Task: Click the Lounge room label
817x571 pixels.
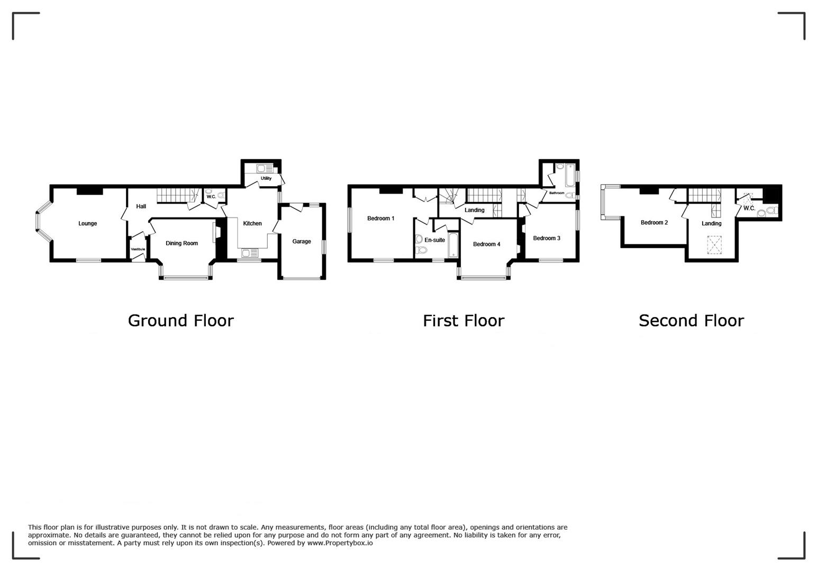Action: [87, 223]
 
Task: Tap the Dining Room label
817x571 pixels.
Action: [181, 243]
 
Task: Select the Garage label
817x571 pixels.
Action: [301, 241]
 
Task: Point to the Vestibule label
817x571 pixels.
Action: [138, 249]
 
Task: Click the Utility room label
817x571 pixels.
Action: [266, 178]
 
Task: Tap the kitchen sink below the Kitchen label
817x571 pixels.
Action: [249, 253]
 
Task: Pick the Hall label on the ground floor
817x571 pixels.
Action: [141, 206]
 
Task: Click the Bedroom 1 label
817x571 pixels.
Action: [381, 218]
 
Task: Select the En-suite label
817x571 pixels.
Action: [435, 240]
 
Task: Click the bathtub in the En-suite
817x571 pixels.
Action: [452, 244]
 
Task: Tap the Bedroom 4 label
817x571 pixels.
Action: [487, 244]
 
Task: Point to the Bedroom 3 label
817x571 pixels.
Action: [547, 238]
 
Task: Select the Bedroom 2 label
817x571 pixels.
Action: [655, 222]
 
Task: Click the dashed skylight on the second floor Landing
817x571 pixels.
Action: [714, 244]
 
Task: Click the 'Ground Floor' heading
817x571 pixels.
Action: [180, 321]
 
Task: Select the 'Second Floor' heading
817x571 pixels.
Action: [691, 321]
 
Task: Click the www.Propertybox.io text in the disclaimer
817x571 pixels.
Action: [340, 543]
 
